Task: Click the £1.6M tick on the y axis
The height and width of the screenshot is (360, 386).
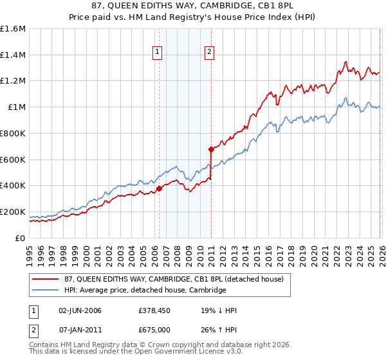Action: coord(13,29)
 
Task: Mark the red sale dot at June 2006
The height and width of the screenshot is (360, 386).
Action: coord(159,188)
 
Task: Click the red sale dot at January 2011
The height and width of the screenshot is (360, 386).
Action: coord(211,149)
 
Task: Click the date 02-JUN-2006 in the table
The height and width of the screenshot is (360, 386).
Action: coord(80,310)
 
